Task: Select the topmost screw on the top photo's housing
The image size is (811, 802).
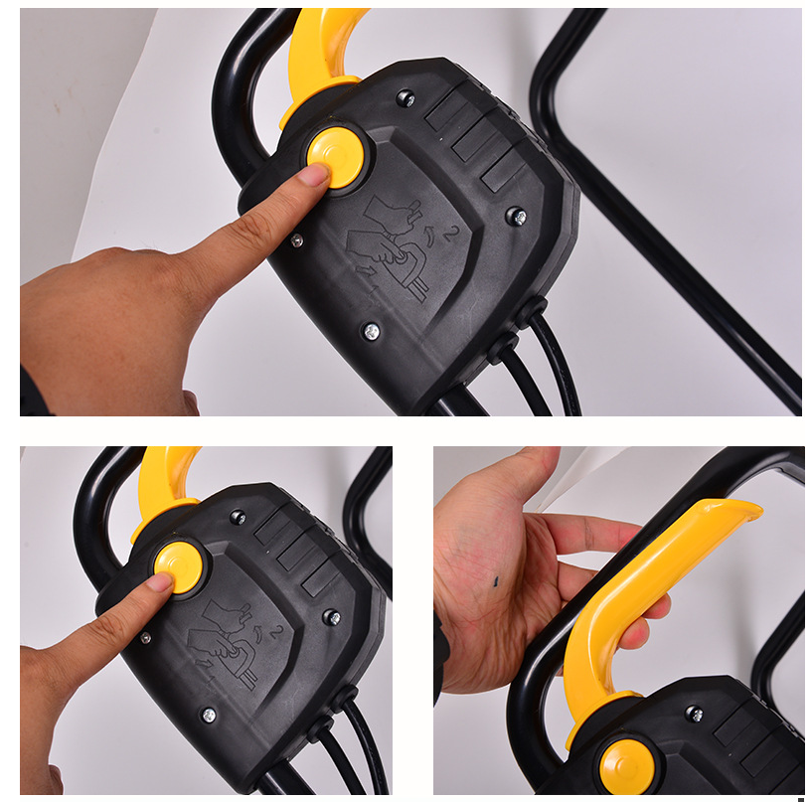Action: (405, 97)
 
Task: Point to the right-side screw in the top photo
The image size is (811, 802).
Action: (517, 217)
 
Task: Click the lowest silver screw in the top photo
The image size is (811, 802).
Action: (372, 331)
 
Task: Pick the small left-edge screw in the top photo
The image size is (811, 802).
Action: (296, 241)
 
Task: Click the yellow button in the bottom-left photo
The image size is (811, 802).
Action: (179, 566)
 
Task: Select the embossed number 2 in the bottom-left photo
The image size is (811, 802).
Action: (276, 633)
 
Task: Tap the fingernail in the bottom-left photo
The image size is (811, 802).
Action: (161, 582)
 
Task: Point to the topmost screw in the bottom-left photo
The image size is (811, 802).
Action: (238, 517)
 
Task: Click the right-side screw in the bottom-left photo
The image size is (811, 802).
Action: (331, 617)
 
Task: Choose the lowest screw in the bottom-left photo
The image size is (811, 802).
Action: (209, 716)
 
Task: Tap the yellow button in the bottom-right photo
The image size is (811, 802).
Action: (627, 767)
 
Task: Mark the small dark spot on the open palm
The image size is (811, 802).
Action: (496, 582)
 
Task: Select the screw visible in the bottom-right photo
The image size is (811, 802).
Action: (694, 715)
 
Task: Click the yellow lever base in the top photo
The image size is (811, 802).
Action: (318, 98)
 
